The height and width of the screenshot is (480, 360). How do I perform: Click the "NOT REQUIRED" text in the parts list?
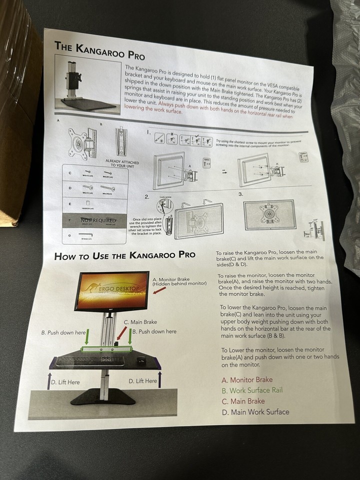pyautogui.click(x=98, y=220)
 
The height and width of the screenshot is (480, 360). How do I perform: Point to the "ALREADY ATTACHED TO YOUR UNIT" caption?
pyautogui.click(x=121, y=163)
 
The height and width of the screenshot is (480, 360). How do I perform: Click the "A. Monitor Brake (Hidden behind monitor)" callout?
pyautogui.click(x=179, y=281)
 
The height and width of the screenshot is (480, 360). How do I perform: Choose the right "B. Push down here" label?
pyautogui.click(x=154, y=331)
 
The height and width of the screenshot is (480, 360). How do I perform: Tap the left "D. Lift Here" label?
pyautogui.click(x=64, y=382)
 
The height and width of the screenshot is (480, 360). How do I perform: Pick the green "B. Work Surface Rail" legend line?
pyautogui.click(x=252, y=390)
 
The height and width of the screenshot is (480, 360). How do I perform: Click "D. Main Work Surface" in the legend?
pyautogui.click(x=255, y=411)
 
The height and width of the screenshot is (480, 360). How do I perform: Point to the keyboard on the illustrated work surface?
pyautogui.click(x=90, y=360)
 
